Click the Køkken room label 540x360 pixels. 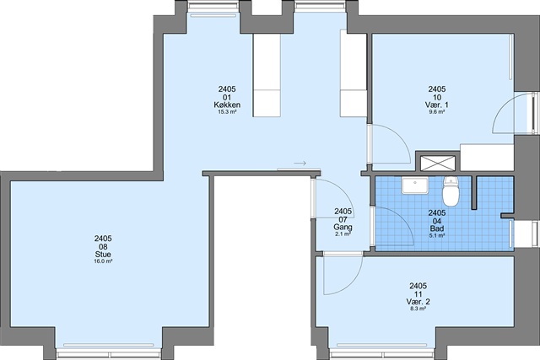(x=227, y=105)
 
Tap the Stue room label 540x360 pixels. (x=103, y=255)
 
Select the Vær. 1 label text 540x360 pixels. (x=437, y=105)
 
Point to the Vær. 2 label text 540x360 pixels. (x=418, y=302)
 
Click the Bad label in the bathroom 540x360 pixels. (x=437, y=228)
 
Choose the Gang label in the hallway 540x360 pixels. (x=343, y=227)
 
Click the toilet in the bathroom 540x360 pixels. (x=451, y=191)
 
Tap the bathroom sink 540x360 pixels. (x=414, y=185)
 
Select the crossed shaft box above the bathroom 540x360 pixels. (x=438, y=163)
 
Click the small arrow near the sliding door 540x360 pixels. (x=300, y=163)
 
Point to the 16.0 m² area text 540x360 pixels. (x=103, y=261)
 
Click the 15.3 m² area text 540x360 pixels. (x=227, y=111)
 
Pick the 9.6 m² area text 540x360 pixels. (x=437, y=111)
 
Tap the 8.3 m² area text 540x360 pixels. (x=418, y=309)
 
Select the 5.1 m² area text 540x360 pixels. (x=437, y=235)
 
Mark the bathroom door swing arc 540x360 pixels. (x=403, y=219)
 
